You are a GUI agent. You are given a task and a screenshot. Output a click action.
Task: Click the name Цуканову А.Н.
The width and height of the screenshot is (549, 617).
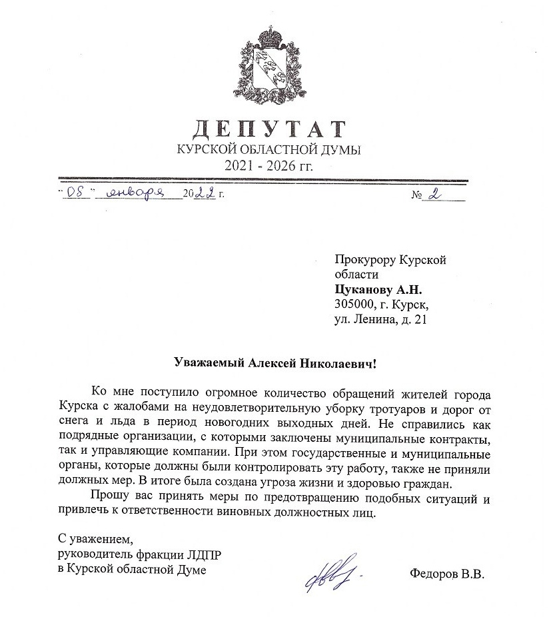point(378,290)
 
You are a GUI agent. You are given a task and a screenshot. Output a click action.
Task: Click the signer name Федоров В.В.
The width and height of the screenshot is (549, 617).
point(446,572)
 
